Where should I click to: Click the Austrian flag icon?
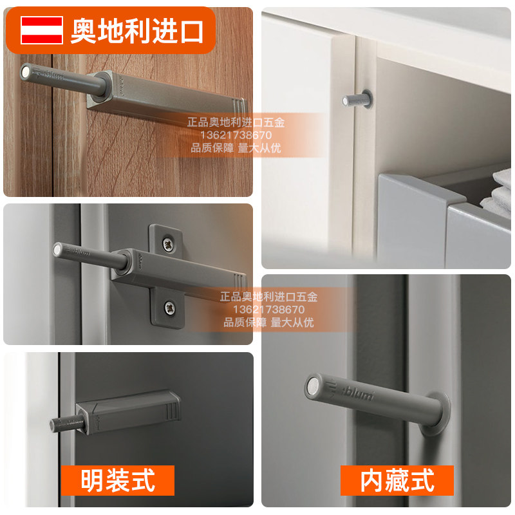(41, 30)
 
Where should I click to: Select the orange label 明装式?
(118, 480)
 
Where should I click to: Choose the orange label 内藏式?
(397, 480)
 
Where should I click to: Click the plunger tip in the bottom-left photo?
(55, 424)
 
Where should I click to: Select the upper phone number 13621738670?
(235, 135)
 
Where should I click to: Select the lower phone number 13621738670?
(268, 310)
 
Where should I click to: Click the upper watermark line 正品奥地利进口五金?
(236, 121)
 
